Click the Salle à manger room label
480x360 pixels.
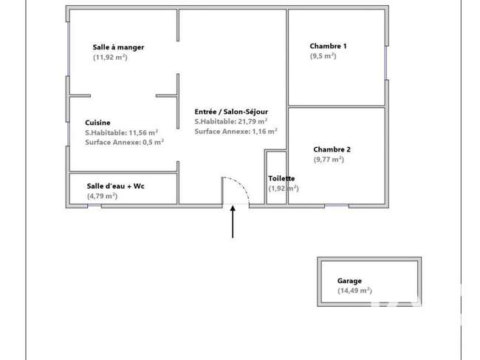(x=118, y=47)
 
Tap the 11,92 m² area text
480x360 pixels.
(x=110, y=58)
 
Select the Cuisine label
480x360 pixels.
(x=97, y=123)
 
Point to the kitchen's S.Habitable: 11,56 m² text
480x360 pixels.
(x=122, y=132)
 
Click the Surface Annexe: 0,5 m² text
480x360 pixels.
(x=124, y=142)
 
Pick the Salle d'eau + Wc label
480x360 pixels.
(x=115, y=186)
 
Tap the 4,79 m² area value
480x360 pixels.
(x=102, y=196)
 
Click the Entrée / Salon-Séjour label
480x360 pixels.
(x=231, y=112)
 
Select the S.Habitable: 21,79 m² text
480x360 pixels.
(x=231, y=121)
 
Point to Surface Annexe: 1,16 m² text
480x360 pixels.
(x=236, y=132)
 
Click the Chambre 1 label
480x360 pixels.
(x=328, y=46)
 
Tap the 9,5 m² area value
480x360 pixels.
(x=323, y=56)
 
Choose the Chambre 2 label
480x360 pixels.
(x=332, y=149)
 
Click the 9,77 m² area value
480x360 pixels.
(x=329, y=160)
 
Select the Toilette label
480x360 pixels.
(x=281, y=178)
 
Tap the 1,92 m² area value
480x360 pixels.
(x=284, y=189)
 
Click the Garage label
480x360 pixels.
(x=349, y=281)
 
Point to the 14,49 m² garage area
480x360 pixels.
(x=354, y=291)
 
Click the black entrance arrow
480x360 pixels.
(x=233, y=222)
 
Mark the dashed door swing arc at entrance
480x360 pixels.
(x=241, y=186)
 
